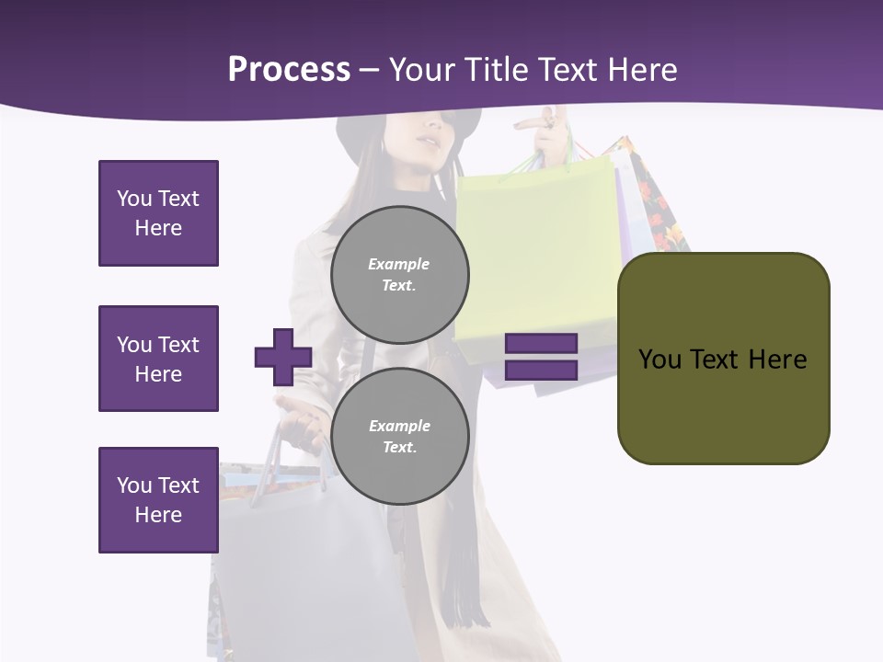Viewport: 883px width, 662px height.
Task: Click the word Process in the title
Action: (289, 70)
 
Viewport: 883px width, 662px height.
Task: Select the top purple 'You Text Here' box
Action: (158, 213)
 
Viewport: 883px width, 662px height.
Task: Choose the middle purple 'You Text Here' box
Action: (158, 359)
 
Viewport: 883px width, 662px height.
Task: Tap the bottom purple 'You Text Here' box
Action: (158, 500)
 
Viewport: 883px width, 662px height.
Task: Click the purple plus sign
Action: (283, 357)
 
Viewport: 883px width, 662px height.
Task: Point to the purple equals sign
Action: (542, 357)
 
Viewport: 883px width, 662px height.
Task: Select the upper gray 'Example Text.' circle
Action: (399, 274)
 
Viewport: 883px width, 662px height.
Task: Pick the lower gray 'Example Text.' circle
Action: (399, 436)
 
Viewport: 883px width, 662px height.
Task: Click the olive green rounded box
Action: (723, 359)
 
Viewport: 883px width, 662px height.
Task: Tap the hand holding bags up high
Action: (552, 133)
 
